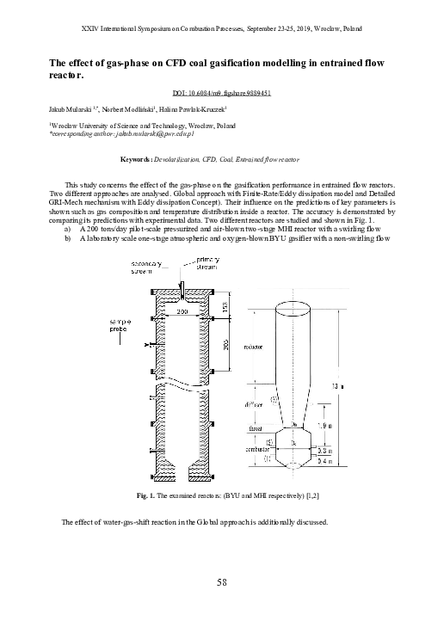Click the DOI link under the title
tap(221, 92)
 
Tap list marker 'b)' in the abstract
tap(68, 238)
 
